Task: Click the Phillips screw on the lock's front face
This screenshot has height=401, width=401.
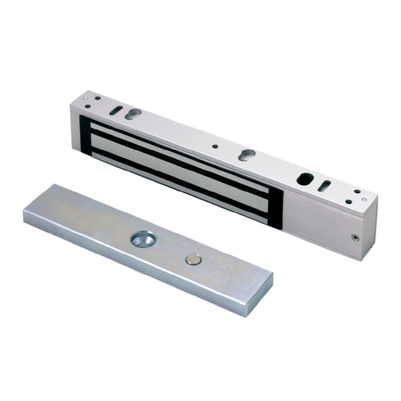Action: [355, 237]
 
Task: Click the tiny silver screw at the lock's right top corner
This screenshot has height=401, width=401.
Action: [364, 200]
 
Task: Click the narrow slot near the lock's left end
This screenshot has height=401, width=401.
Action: [116, 111]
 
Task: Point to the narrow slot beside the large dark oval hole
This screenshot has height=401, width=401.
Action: [325, 186]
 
